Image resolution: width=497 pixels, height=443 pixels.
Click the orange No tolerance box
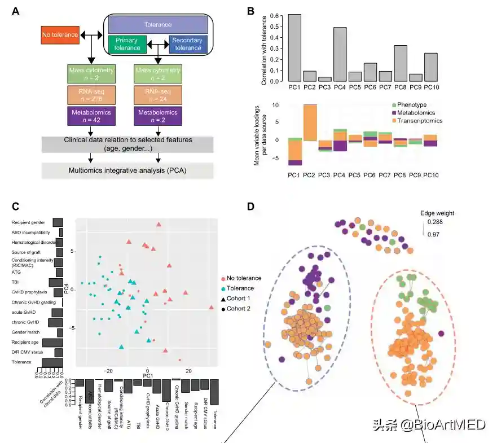[x=60, y=35]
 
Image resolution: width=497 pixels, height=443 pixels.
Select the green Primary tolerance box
[x=127, y=45]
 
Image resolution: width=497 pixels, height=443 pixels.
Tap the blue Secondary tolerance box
[x=187, y=45]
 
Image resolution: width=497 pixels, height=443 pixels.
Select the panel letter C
[x=16, y=207]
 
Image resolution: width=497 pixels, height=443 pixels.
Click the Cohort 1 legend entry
[x=239, y=299]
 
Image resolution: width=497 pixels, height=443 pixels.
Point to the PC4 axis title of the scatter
[x=65, y=290]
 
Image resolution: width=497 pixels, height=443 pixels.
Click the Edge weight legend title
[x=437, y=213]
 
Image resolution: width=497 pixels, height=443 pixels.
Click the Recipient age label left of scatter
[x=24, y=342]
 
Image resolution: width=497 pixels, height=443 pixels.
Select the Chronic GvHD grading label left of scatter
[x=32, y=302]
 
